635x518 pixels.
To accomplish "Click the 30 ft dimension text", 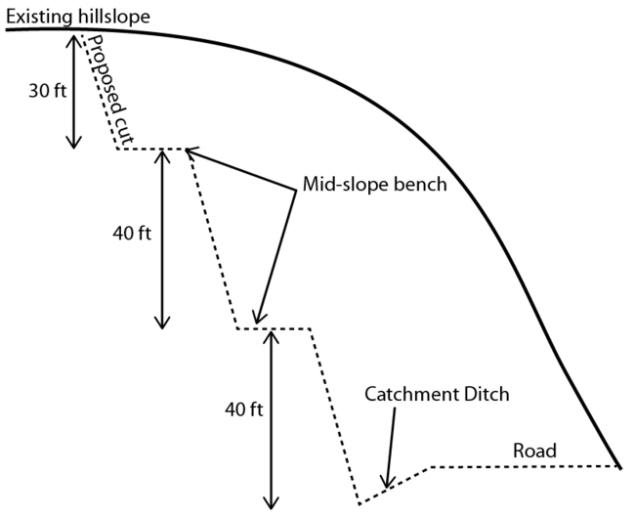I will (x=46, y=89).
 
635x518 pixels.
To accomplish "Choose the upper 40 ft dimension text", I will (x=135, y=234).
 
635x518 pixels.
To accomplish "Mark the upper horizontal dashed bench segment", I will (x=151, y=149).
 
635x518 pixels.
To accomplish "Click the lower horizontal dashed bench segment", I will (x=274, y=328).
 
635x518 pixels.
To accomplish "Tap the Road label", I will (x=534, y=451).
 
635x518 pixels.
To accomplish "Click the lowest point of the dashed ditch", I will (x=360, y=504).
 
